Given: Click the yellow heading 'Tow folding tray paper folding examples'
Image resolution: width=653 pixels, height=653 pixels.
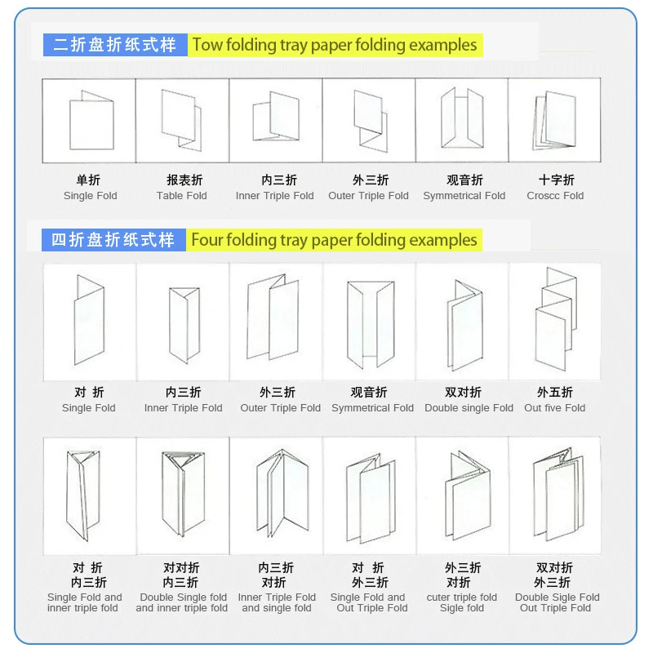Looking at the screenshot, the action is click(x=334, y=44).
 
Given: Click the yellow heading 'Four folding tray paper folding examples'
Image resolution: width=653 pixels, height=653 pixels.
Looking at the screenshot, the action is click(x=334, y=240).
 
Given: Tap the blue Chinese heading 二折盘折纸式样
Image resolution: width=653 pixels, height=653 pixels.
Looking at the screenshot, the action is click(x=115, y=44).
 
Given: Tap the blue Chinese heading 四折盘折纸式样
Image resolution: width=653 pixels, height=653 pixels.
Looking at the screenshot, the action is click(x=113, y=240).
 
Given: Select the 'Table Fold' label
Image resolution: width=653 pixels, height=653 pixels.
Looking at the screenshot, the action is click(x=182, y=196).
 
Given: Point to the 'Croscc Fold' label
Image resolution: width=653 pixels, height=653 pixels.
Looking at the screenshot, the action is click(x=555, y=196).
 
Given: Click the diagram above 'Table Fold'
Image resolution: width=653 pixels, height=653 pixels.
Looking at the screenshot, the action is click(x=182, y=120).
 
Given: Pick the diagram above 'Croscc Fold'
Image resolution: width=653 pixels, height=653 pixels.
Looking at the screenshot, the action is click(x=555, y=122).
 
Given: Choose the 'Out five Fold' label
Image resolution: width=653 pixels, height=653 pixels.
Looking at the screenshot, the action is click(x=555, y=408).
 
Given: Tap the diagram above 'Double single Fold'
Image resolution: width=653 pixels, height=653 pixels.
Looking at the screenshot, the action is click(x=463, y=323).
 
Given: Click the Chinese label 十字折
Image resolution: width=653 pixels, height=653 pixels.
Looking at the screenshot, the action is click(x=556, y=180).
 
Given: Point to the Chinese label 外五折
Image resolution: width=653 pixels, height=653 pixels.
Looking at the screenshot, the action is click(x=555, y=393).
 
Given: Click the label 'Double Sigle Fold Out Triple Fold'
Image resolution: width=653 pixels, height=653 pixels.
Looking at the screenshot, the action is click(x=556, y=602).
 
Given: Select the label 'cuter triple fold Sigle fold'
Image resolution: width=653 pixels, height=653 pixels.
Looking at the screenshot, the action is click(x=462, y=602).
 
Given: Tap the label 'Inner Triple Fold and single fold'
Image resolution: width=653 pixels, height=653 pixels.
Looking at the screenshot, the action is click(x=277, y=602).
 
